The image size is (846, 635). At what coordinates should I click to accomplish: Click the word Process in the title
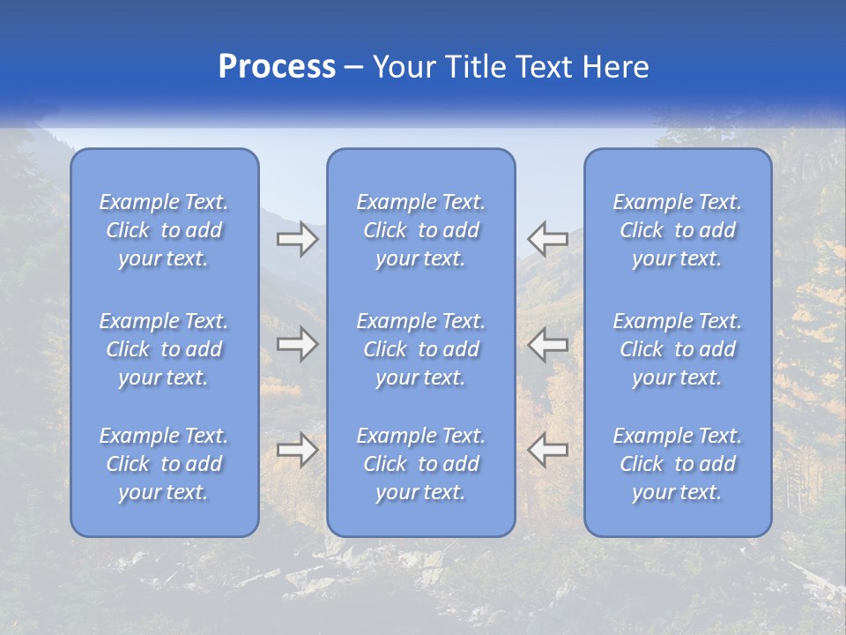click(277, 67)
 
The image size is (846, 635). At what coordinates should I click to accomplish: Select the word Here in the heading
click(616, 67)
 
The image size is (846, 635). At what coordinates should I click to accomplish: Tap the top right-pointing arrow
click(297, 239)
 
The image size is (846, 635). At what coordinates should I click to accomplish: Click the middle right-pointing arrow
click(297, 344)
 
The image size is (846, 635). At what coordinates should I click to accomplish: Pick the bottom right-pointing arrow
click(297, 450)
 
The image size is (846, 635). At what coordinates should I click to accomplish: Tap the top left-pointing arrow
click(547, 239)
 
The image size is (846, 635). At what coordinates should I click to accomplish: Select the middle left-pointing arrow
click(547, 344)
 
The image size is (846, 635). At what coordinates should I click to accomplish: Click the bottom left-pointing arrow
click(547, 450)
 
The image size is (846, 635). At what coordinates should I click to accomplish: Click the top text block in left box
click(164, 230)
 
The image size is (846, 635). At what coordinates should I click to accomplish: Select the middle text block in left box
click(164, 349)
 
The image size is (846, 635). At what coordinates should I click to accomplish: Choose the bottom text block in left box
click(164, 464)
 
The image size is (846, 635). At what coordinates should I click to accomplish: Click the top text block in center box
click(421, 230)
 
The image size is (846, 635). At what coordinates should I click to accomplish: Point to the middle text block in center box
click(421, 349)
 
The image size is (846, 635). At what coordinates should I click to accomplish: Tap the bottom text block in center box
click(421, 464)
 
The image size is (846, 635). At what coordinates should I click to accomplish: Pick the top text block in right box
click(678, 230)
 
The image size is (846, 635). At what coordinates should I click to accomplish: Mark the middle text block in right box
click(678, 349)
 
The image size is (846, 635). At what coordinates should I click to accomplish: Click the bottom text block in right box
click(678, 464)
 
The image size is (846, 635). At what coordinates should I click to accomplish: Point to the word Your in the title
click(404, 67)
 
